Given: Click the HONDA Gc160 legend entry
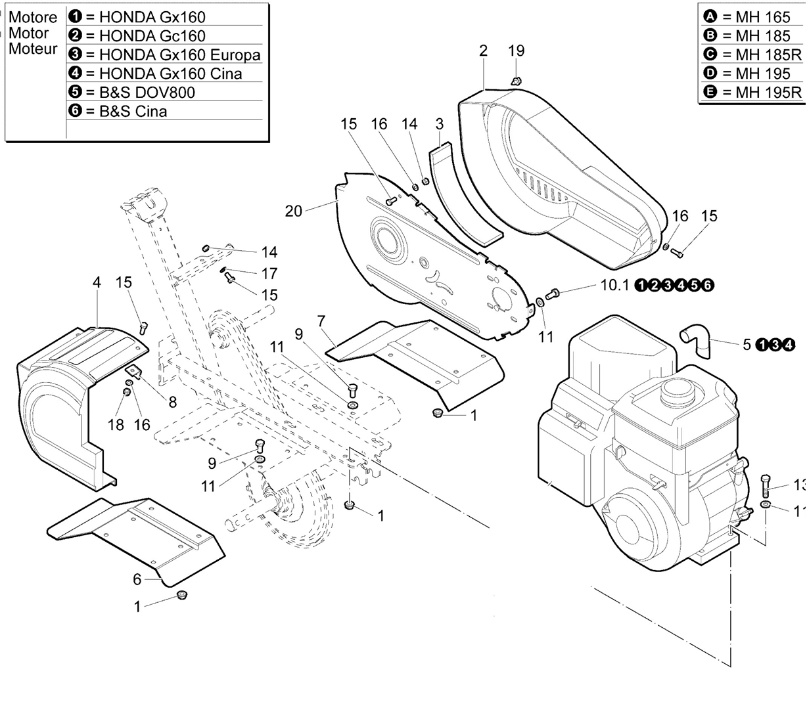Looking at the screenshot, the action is pos(137,36).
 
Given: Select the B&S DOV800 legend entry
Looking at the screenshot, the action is pos(131,92).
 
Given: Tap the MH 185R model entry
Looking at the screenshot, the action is pos(752,55).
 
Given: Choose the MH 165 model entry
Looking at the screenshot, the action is pos(747,17).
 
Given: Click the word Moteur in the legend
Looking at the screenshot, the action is pos(33,49).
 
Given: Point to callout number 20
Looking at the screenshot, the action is pos(294,211).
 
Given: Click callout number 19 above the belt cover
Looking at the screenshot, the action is pos(517,51).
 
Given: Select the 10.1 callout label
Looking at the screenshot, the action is pos(614,285).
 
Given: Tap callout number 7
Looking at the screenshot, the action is pos(321,321).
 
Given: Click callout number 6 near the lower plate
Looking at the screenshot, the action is pos(137,579).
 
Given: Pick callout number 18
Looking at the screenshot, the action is pos(116,424).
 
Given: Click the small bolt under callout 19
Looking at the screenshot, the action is pos(516,81).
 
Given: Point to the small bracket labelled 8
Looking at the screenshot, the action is pos(134,371).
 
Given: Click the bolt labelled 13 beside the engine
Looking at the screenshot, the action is pos(766,487).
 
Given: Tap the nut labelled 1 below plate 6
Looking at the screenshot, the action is pos(181,595).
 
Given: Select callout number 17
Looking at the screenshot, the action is pos(270,274).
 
